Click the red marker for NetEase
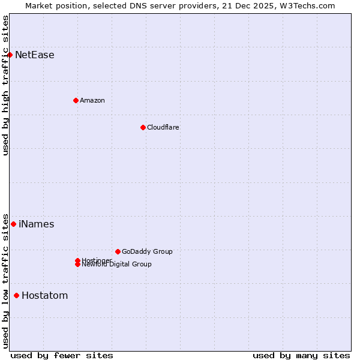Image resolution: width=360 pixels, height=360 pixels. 10,55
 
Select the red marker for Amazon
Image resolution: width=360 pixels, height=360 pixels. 76,100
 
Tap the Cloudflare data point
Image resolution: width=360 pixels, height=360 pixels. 143,127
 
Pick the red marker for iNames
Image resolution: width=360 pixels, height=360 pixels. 13,224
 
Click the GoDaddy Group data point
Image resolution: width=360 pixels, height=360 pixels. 118,251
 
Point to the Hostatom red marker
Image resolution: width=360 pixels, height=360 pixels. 16,295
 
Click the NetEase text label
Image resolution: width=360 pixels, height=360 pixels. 35,55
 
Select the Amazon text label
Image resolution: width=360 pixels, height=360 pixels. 92,100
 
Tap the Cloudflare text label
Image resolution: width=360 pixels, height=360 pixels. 163,127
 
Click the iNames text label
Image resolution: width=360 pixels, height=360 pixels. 37,224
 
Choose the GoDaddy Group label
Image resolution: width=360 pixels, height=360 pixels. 147,251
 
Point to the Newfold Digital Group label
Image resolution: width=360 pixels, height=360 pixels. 117,265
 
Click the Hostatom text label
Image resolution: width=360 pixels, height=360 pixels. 45,296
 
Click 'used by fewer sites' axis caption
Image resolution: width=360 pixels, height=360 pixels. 62,355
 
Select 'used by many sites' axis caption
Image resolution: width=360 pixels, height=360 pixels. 301,355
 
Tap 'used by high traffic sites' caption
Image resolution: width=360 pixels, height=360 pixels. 6,85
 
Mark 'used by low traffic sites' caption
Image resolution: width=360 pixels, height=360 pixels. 6,280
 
